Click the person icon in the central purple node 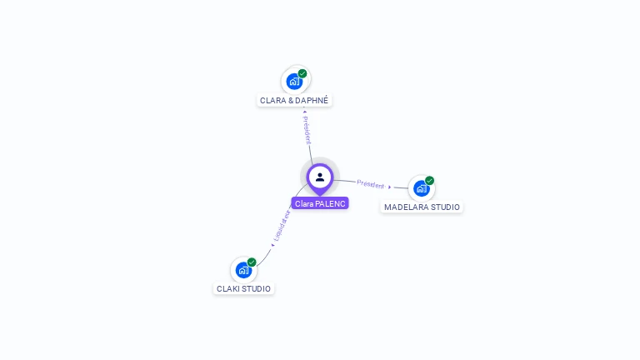(320, 177)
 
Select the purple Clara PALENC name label (320, 203)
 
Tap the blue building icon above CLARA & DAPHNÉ (293, 82)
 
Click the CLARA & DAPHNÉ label (294, 100)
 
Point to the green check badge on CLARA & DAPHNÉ (302, 73)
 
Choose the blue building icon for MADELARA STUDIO (421, 188)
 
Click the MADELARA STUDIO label (422, 207)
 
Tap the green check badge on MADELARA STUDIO (429, 180)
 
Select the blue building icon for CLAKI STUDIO (242, 270)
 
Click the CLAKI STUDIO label (243, 288)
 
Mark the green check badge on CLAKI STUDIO (252, 262)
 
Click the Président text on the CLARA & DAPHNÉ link (307, 130)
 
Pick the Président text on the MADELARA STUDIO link (371, 183)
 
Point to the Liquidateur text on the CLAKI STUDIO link (282, 225)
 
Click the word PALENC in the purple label (331, 203)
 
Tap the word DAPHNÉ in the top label (312, 100)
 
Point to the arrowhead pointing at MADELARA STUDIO (390, 187)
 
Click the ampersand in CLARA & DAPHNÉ (289, 100)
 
